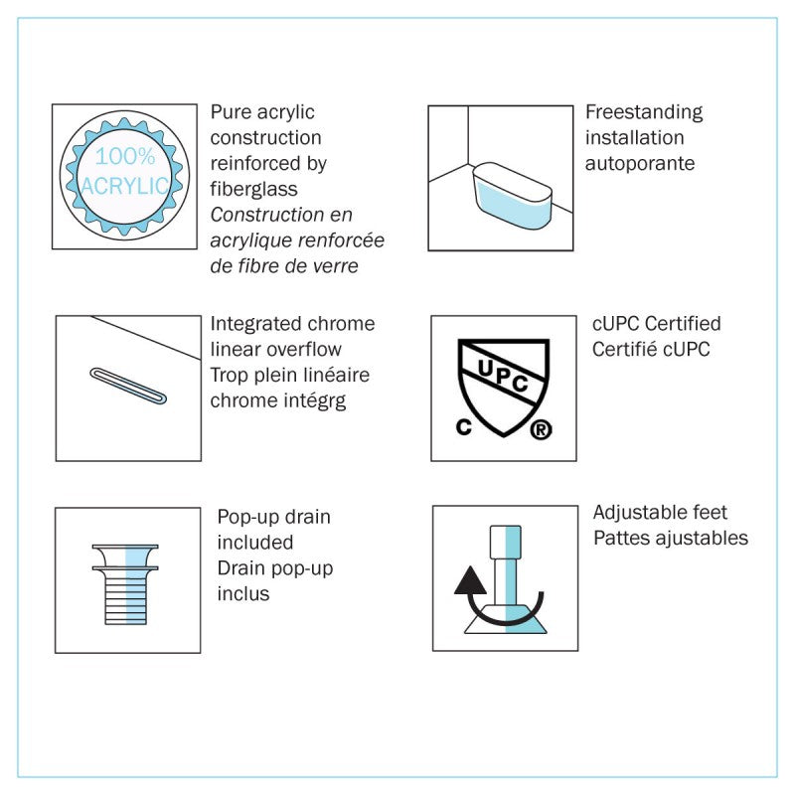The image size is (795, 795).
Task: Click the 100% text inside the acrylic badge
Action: click(125, 156)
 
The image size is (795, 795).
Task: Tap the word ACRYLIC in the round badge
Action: click(125, 186)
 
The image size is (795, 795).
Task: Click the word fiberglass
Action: click(254, 189)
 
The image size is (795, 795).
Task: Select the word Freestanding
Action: click(644, 112)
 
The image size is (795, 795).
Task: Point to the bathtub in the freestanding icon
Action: click(512, 195)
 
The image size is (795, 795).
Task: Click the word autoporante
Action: click(640, 164)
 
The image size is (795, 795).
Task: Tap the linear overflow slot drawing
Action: click(128, 387)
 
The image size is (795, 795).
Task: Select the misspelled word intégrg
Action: click(314, 401)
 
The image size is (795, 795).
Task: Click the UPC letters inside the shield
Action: click(503, 376)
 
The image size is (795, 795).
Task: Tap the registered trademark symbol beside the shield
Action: click(541, 430)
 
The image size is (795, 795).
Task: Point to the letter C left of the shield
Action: click(463, 427)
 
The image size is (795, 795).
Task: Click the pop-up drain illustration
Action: click(125, 584)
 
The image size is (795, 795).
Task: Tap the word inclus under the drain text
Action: click(243, 593)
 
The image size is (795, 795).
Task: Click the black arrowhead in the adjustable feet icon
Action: click(470, 580)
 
